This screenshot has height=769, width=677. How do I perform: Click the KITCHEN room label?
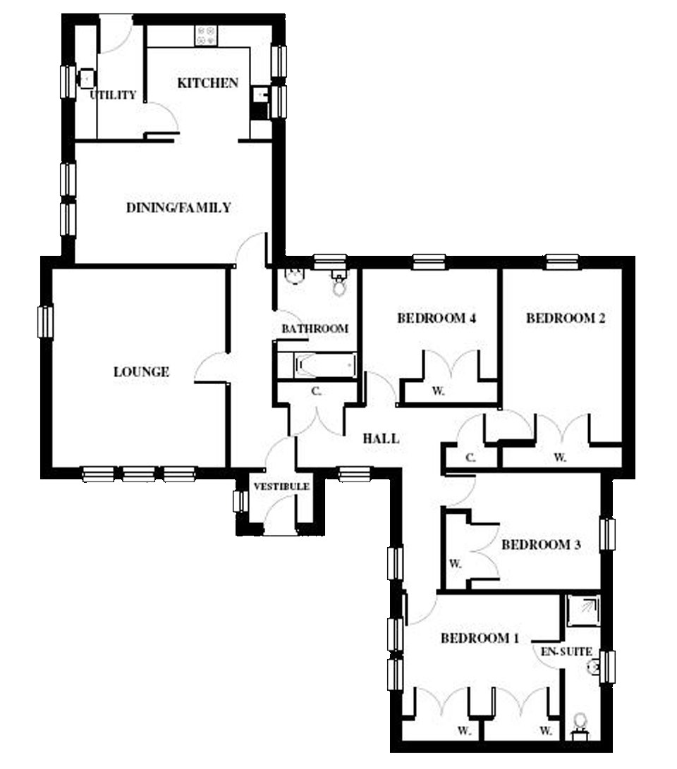coord(207,83)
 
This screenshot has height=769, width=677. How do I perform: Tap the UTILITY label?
coord(113,94)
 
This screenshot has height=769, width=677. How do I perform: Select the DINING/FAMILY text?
coord(178,207)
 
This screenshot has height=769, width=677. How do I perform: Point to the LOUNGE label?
coord(141,371)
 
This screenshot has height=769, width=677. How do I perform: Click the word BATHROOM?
coord(315,328)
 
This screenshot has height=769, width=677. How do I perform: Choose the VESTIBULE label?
coord(281,486)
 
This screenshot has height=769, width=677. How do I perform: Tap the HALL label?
coord(381,438)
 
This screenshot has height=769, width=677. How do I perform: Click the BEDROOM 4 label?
coord(437,318)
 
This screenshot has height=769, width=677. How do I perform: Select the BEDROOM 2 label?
coord(566,318)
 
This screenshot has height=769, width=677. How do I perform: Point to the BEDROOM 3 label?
coord(541,544)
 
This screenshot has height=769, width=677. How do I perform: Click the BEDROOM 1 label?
coord(480,638)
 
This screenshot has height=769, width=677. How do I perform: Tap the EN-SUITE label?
coord(566,652)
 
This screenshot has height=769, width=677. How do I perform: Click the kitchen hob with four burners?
coord(206,35)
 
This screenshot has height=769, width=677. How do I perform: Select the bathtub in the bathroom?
coord(326,365)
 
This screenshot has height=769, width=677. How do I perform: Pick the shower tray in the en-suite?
coord(583,610)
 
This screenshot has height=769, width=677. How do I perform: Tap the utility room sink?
coord(86,78)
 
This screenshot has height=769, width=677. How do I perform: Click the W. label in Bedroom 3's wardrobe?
coord(456,563)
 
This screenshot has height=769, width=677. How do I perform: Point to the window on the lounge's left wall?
coord(46,321)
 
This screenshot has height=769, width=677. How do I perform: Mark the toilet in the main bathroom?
coord(338,283)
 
